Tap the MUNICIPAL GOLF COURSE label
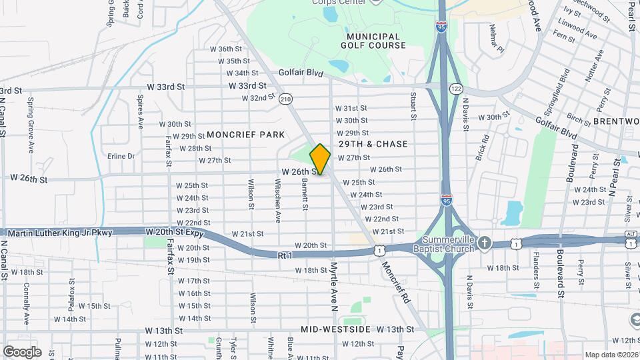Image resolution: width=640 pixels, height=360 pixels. (x=373, y=41)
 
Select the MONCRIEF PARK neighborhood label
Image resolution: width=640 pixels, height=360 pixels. (x=245, y=135)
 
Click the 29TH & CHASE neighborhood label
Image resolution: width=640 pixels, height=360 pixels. (x=373, y=144)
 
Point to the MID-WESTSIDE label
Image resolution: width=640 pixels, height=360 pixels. (x=335, y=329)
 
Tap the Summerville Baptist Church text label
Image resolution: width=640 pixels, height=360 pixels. (x=448, y=244)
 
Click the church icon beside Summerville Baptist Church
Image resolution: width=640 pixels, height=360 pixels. (x=485, y=244)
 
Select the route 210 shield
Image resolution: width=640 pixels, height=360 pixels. (x=286, y=99)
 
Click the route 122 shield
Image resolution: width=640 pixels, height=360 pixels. (x=456, y=88)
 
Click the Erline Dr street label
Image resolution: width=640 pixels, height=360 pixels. (x=121, y=156)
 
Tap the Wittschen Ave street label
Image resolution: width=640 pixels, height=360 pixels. (x=277, y=207)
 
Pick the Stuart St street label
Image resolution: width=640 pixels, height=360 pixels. (x=413, y=107)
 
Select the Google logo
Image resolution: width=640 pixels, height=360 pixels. (x=22, y=351)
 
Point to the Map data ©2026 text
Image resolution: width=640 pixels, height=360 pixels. (x=611, y=355)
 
